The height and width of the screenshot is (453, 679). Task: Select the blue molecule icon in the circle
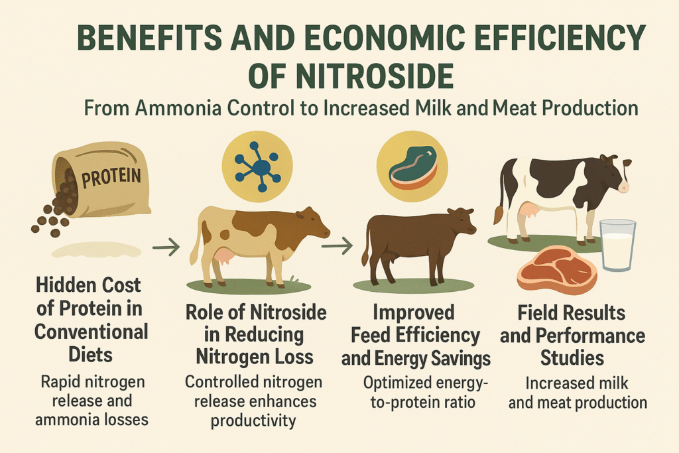[x=258, y=166]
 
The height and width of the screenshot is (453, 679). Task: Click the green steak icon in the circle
[x=412, y=168]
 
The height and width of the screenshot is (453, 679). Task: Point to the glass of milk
[x=617, y=245]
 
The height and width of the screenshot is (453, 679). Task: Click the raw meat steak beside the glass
[x=557, y=269]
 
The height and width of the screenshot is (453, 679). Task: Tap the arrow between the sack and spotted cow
[x=166, y=247]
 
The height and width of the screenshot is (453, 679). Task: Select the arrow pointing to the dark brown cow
[x=337, y=246]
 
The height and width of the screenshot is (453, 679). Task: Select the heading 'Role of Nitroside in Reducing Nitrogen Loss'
[x=255, y=334]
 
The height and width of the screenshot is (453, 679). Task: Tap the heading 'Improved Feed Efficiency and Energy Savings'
[x=416, y=335]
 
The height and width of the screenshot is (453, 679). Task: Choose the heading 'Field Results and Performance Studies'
[x=572, y=335]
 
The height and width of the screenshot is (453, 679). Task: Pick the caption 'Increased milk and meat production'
[x=578, y=393]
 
